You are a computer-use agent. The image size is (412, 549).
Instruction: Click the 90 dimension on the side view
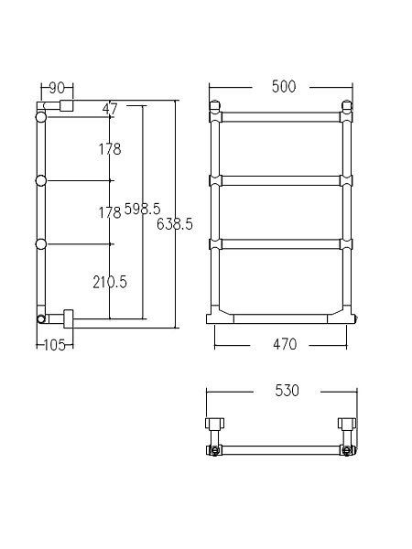pyautogui.click(x=56, y=88)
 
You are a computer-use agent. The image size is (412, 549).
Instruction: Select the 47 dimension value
pyautogui.click(x=111, y=110)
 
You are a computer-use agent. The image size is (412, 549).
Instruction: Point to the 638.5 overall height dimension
pyautogui.click(x=175, y=223)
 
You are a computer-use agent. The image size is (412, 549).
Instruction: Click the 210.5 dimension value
pyautogui.click(x=109, y=282)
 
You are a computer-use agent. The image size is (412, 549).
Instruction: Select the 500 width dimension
pyautogui.click(x=283, y=87)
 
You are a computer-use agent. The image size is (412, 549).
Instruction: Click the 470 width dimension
pyautogui.click(x=283, y=344)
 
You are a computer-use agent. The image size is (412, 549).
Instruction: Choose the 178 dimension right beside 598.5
pyautogui.click(x=109, y=212)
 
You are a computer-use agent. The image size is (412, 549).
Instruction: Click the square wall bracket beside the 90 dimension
pyautogui.click(x=66, y=106)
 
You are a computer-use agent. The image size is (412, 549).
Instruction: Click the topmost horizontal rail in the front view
pyautogui.click(x=280, y=117)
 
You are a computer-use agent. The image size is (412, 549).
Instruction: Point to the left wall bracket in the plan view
pyautogui.click(x=215, y=425)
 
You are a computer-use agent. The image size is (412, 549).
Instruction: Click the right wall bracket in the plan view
pyautogui.click(x=347, y=425)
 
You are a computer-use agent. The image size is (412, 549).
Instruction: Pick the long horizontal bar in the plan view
pyautogui.click(x=281, y=450)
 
